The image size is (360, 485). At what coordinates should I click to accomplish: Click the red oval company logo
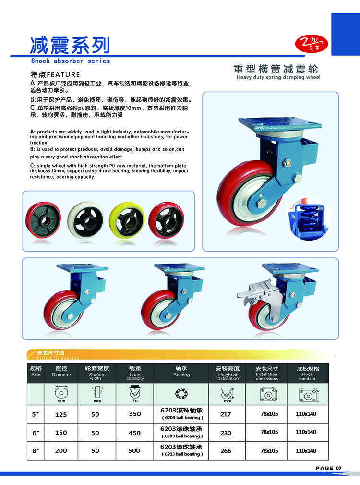pyautogui.click(x=311, y=44)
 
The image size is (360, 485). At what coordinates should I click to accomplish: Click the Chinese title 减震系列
pyautogui.click(x=70, y=46)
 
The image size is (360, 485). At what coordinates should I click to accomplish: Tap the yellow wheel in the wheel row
pyautogui.click(x=127, y=220)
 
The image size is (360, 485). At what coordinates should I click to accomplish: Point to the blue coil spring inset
pyautogui.click(x=308, y=218)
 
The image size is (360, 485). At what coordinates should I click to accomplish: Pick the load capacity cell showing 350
pyautogui.click(x=135, y=414)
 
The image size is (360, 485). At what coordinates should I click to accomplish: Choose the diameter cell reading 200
pyautogui.click(x=61, y=451)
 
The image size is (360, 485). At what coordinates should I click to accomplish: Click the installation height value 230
pyautogui.click(x=226, y=433)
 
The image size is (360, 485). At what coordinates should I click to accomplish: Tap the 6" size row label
pyautogui.click(x=36, y=433)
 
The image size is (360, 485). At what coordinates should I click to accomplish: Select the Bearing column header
pyautogui.click(x=181, y=371)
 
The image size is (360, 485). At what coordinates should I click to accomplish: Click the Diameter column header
pyautogui.click(x=61, y=371)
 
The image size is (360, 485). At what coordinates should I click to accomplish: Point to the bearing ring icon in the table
pyautogui.click(x=181, y=394)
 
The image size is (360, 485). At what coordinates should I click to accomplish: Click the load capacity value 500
pyautogui.click(x=134, y=451)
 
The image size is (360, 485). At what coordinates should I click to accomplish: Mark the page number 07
pyautogui.click(x=339, y=468)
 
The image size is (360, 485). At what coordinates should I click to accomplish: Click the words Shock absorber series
pyautogui.click(x=71, y=61)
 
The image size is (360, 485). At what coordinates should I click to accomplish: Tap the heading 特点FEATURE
pyautogui.click(x=55, y=74)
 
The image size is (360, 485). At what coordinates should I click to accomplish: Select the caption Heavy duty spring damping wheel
pyautogui.click(x=278, y=77)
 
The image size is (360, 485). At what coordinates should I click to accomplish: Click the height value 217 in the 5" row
pyautogui.click(x=226, y=414)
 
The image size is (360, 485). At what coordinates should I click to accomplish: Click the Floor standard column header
pyautogui.click(x=307, y=373)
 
